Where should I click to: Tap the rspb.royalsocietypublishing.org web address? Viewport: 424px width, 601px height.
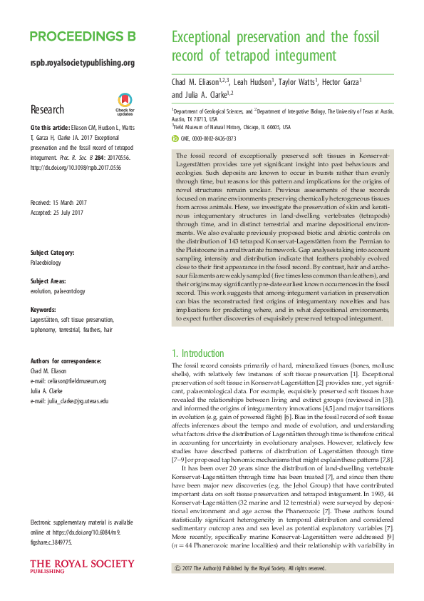(x=83, y=63)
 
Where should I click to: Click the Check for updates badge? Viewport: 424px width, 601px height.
(x=125, y=104)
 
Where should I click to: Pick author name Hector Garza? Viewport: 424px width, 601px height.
(x=341, y=82)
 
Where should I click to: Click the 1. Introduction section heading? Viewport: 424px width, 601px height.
(x=199, y=353)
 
